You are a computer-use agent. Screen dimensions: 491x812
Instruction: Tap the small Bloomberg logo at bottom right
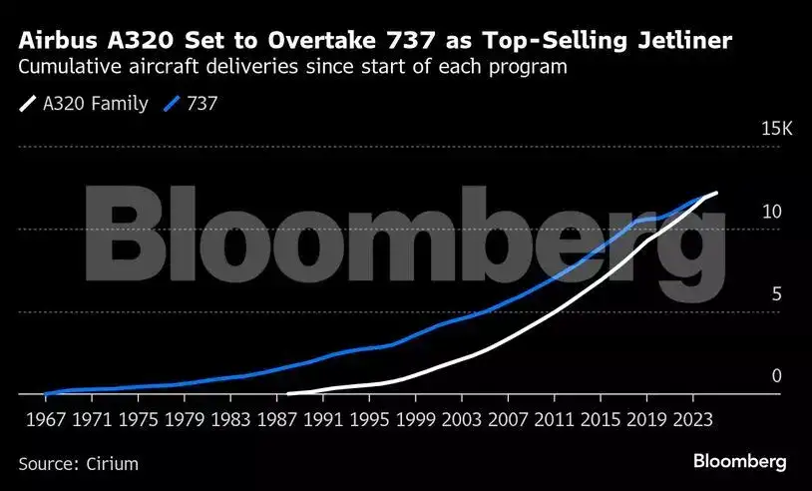(739, 461)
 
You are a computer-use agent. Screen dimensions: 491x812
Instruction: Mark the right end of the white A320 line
(716, 192)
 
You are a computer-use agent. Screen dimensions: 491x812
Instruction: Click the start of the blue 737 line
(46, 393)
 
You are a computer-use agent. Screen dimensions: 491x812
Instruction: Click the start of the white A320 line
(288, 393)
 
